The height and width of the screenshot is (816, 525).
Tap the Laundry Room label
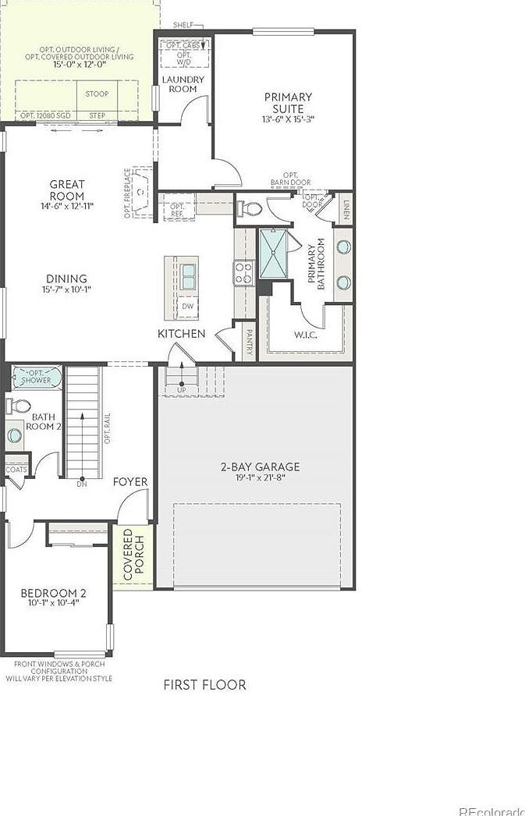pos(183,84)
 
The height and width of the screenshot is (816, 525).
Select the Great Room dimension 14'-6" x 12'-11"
pos(67,207)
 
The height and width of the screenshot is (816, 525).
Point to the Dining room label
pos(67,279)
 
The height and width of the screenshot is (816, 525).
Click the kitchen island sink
pos(188,275)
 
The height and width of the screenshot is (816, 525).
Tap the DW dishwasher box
pos(187,307)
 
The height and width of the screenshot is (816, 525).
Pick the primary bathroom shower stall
pos(273,255)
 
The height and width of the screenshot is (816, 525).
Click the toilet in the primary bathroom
pos(250,209)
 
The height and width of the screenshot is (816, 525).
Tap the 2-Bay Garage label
pos(259,467)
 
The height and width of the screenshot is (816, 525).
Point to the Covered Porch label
pos(133,555)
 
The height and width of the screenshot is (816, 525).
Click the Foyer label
pos(130,482)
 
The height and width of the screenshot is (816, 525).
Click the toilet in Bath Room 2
pos(20,406)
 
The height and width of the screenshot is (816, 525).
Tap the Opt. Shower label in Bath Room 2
pos(36,376)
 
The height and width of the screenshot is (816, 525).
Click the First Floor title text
pos(204,685)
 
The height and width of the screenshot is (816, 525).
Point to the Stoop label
pos(97,94)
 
